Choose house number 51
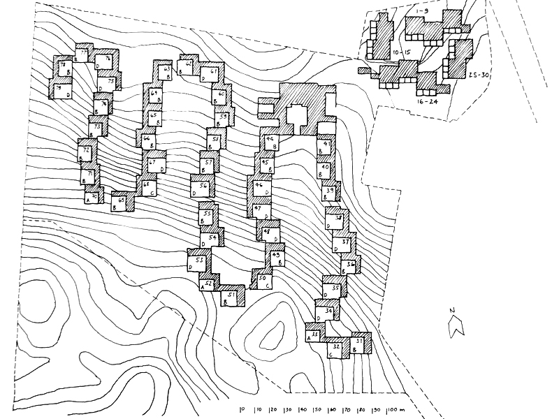tap(231, 296)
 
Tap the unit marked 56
tap(202, 186)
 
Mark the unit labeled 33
tap(315, 336)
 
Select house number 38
tap(338, 219)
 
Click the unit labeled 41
tap(326, 145)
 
